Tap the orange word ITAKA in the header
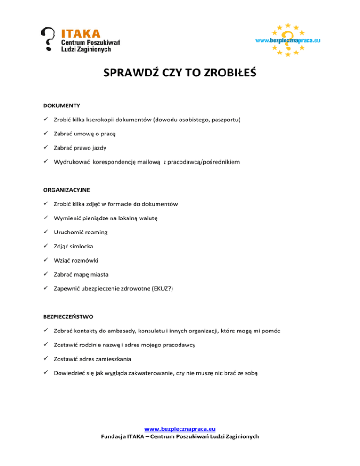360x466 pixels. click(81, 33)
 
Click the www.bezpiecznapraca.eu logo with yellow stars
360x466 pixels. click(287, 40)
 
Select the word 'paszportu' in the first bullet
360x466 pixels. click(225, 120)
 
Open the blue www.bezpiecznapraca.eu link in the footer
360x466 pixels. click(180, 428)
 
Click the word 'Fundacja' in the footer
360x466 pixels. click(115, 437)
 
